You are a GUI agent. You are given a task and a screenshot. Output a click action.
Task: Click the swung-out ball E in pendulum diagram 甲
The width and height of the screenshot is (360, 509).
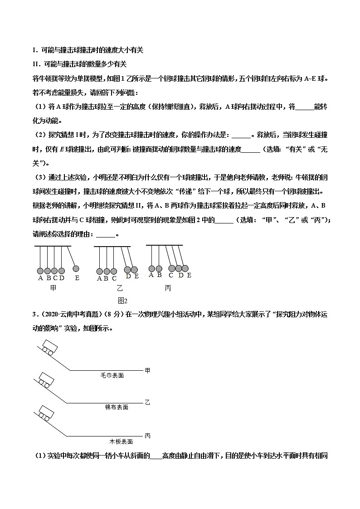point(76,268)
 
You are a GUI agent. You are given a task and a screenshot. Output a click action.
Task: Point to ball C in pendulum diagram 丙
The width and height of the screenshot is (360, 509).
point(172,268)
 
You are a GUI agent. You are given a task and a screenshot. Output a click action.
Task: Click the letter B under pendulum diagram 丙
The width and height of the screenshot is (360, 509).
point(159,275)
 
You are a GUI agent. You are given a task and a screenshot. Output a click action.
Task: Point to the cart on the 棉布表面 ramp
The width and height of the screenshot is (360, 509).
point(45,380)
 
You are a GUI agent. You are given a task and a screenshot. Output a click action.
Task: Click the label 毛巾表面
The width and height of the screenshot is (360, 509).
point(112,376)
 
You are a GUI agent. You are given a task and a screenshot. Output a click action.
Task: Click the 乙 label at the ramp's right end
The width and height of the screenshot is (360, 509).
point(147,402)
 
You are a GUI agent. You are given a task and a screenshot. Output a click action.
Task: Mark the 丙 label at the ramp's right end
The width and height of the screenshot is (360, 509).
point(147,436)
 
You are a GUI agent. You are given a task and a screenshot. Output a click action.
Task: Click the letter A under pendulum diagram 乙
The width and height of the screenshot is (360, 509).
point(99,278)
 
